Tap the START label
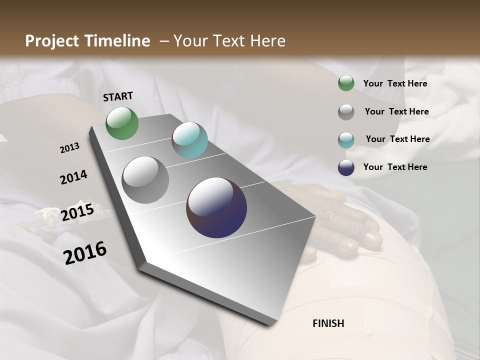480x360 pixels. tap(118, 96)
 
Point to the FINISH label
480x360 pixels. tap(328, 323)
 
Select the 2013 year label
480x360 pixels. tap(69, 148)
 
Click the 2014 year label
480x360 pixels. tap(73, 177)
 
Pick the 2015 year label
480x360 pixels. tap(77, 213)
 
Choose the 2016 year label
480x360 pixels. tap(85, 253)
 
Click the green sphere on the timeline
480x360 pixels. tap(122, 123)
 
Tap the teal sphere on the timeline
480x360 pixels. tap(189, 140)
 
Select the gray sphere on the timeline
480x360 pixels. tap(145, 180)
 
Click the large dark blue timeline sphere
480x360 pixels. tap(216, 207)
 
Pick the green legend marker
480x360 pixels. tap(346, 83)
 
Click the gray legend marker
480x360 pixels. tap(346, 112)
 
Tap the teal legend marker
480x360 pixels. tap(346, 140)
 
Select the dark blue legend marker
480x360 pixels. tap(346, 167)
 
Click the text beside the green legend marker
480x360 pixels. tap(395, 83)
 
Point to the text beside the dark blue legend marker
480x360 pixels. tap(395, 167)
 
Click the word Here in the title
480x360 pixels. tap(267, 41)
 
